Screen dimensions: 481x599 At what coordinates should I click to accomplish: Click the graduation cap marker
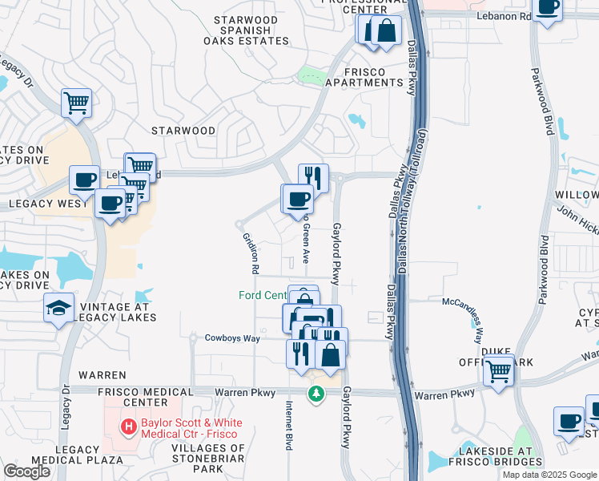[59, 309]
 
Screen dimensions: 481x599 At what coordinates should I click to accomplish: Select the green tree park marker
[317, 393]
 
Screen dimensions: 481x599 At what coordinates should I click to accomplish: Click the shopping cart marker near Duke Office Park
[498, 371]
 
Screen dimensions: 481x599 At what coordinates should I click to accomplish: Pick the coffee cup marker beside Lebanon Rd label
[548, 9]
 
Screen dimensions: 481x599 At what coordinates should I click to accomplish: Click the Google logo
[26, 471]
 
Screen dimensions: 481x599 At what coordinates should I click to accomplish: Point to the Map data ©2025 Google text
[549, 475]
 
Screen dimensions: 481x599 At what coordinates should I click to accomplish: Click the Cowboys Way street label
[231, 338]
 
